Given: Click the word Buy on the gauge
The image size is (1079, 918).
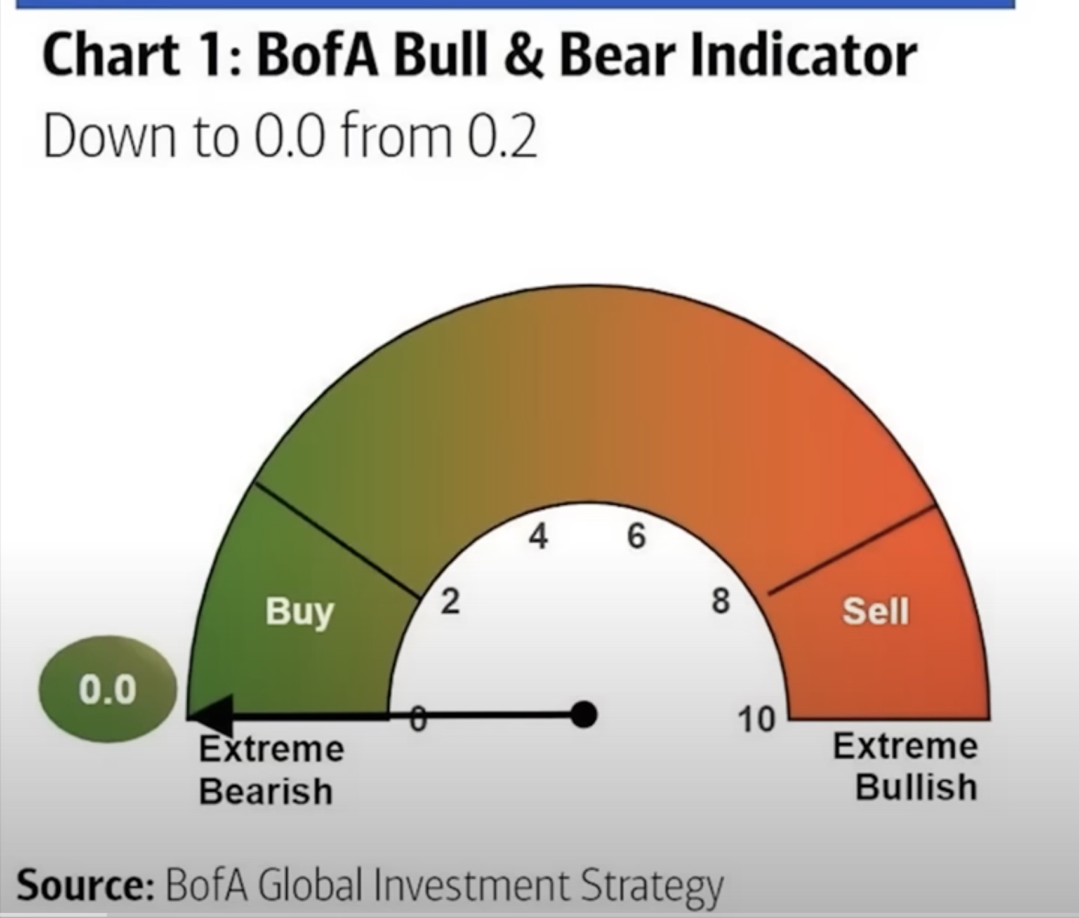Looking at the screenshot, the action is point(300,612).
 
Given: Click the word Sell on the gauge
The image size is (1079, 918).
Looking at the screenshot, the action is point(876,611).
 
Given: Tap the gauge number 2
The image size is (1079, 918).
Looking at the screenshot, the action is point(450,601).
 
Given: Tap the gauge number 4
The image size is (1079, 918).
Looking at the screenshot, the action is point(538,536).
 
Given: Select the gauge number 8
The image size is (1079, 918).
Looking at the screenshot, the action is point(720,601).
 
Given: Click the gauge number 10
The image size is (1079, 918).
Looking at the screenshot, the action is point(757,720).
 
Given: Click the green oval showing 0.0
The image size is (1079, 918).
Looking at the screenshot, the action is point(108,689).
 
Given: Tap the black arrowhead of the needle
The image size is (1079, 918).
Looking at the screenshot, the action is point(211,716).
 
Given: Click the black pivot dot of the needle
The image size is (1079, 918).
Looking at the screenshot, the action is point(584,715).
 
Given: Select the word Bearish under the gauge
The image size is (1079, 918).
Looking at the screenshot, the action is point(266,792).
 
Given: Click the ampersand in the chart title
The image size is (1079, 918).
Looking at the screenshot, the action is point(523,55).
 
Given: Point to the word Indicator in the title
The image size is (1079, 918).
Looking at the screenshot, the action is point(738,55).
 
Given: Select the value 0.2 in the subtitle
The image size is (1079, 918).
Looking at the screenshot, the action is point(502,136).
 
